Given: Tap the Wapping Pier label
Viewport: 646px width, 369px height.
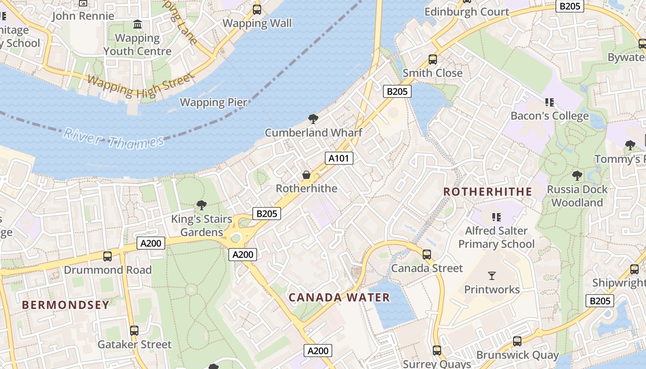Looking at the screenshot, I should click(x=213, y=102).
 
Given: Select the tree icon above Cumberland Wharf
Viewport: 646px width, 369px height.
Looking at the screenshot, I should click(x=313, y=119).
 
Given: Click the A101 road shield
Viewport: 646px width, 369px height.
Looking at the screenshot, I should click(x=339, y=158).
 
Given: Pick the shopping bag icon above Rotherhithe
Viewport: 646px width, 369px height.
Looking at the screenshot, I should click(x=306, y=175).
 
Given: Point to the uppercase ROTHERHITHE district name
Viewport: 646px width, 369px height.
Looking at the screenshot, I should click(x=488, y=191).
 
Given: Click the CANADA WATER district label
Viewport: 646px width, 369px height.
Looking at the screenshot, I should click(x=339, y=298).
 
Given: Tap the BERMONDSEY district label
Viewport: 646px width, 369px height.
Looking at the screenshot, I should click(x=66, y=305).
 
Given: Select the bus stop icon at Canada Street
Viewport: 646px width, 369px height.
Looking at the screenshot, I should click(x=427, y=254).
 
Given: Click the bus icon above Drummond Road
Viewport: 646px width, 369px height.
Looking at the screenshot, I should click(x=108, y=256).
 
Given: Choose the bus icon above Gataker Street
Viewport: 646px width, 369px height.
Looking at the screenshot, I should click(x=134, y=330).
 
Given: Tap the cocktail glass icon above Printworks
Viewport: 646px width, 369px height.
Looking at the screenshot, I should click(x=492, y=276).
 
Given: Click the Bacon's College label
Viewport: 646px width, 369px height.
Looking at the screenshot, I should click(x=549, y=115).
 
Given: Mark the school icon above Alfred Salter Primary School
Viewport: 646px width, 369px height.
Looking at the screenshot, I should click(x=496, y=217).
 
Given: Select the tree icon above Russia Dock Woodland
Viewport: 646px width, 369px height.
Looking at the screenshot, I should click(x=577, y=175).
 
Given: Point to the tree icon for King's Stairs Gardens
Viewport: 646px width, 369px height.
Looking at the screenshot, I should click(x=201, y=205).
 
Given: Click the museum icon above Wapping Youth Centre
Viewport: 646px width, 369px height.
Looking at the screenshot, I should click(x=138, y=24).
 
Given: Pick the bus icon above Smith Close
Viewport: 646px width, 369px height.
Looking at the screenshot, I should click(x=433, y=59).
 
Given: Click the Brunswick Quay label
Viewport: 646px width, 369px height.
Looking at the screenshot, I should click(x=517, y=355).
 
